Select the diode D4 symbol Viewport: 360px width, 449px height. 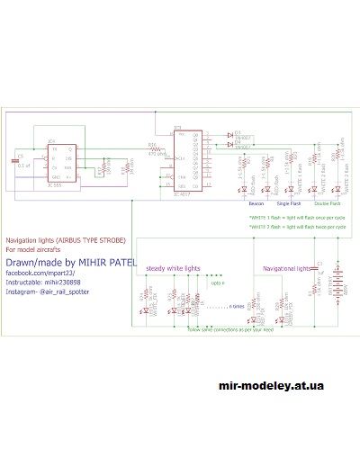pyautogui.click(x=231, y=144)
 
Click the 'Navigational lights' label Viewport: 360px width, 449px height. pyautogui.click(x=284, y=268)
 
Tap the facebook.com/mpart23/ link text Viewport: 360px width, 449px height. pyautogui.click(x=40, y=272)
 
